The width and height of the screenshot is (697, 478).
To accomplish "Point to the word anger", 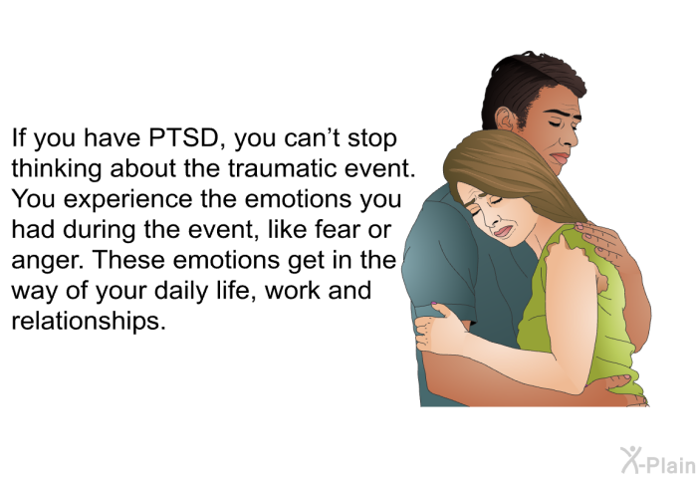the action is point(48,261).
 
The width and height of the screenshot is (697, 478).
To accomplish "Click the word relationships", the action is point(89,321).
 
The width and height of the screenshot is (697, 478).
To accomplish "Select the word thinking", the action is point(56,170).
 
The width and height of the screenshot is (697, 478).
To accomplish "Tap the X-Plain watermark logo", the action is point(657,460).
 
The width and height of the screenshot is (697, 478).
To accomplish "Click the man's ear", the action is point(505,119).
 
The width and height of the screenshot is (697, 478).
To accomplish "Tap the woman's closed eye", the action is point(495,201).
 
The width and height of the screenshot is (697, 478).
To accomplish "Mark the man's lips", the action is point(560,158).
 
